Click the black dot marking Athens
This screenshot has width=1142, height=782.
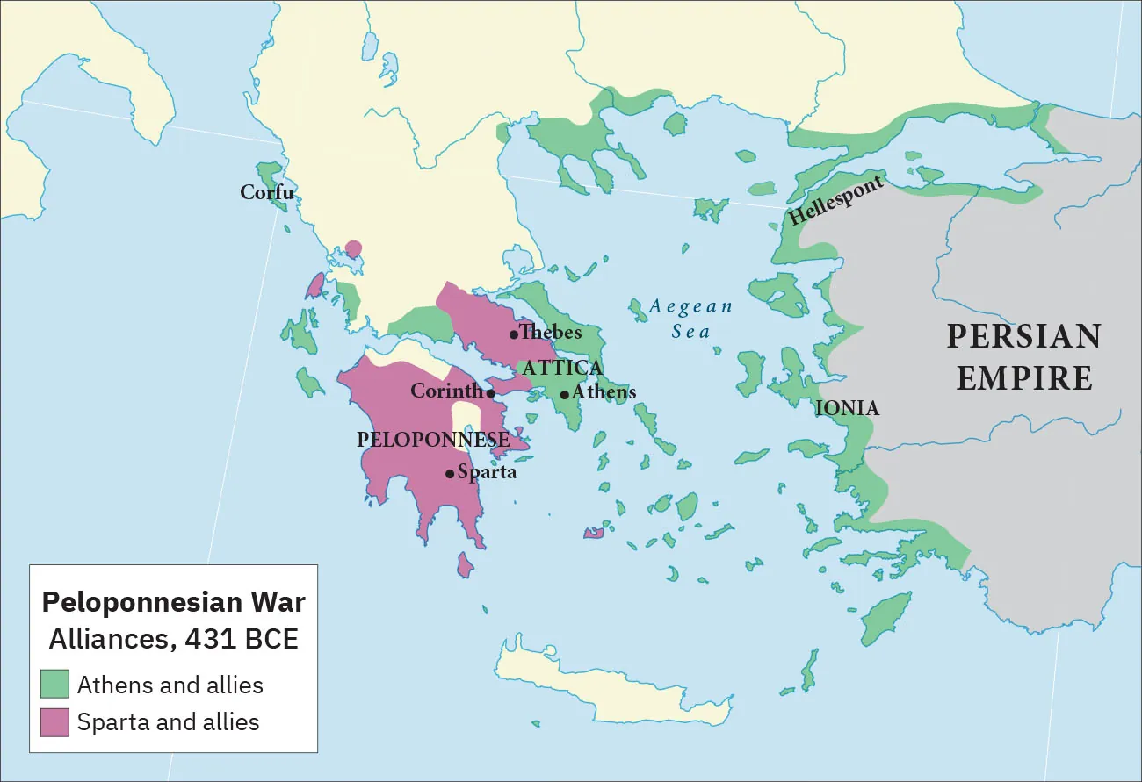[x=564, y=394]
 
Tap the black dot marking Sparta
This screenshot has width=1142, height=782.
[x=450, y=474]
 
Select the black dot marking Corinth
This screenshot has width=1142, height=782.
[x=491, y=393]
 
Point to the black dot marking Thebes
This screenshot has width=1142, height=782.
[x=514, y=334]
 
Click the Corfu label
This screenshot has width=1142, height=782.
[x=267, y=192]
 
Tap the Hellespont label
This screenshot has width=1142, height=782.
[x=835, y=201]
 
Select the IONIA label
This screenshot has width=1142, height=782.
[x=847, y=408]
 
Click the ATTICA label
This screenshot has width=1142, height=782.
[x=562, y=368]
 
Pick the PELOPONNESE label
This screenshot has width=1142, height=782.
[x=433, y=440]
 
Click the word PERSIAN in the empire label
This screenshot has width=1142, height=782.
[x=1023, y=337]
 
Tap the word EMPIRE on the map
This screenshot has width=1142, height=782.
[x=1024, y=378]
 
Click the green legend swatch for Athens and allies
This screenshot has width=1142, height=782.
[x=54, y=685]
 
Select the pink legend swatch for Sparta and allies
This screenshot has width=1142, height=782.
[x=54, y=722]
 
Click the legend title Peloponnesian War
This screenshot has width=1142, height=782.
[x=174, y=603]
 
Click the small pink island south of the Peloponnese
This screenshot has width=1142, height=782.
[x=465, y=565]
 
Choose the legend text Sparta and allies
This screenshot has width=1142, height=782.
[x=169, y=722]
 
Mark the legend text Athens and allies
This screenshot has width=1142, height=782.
[x=170, y=685]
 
